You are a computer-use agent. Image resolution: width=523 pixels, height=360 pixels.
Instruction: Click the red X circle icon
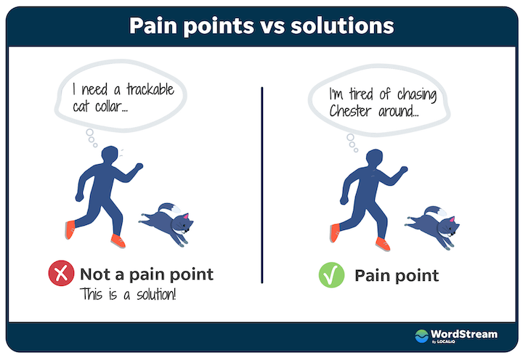tap(61, 273)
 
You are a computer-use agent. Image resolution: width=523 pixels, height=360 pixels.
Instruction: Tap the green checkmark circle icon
tap(331, 275)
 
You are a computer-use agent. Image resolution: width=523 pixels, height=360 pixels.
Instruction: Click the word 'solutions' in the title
tap(342, 25)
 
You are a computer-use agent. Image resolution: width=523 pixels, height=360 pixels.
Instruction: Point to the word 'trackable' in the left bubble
tap(150, 89)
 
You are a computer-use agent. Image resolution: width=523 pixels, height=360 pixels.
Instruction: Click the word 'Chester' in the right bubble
tap(350, 110)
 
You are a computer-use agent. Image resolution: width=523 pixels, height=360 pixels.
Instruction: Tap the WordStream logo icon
tap(421, 335)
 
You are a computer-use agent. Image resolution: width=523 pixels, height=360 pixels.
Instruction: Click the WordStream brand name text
tap(464, 334)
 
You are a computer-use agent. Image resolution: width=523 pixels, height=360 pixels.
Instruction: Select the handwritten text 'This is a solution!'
tap(128, 295)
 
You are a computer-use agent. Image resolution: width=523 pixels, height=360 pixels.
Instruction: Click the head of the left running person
tap(110, 155)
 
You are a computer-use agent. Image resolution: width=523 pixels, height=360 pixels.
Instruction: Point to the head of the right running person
tap(374, 158)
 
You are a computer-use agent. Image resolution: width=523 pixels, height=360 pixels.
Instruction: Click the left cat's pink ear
tap(185, 216)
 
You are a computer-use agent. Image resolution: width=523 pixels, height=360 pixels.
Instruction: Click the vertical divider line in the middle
tap(262, 185)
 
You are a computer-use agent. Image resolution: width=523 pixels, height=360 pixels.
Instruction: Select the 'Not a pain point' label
tap(147, 274)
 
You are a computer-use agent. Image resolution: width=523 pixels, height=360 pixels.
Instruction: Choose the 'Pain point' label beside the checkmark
tap(397, 276)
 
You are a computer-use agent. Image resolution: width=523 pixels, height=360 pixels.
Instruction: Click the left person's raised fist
tap(139, 166)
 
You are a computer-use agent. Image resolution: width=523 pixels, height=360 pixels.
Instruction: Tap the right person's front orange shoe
tap(383, 244)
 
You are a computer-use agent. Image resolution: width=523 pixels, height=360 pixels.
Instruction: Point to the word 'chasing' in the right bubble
tap(417, 95)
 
